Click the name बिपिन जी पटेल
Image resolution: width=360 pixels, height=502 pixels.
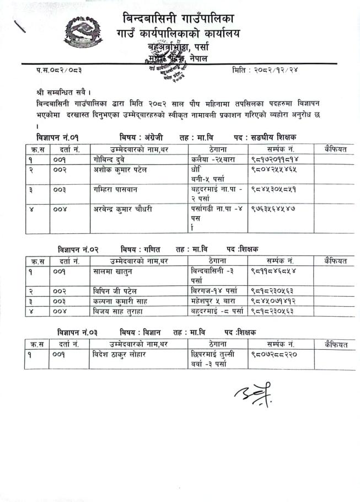[x=115, y=290]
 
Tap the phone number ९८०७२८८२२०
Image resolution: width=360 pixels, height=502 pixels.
[x=273, y=354]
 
